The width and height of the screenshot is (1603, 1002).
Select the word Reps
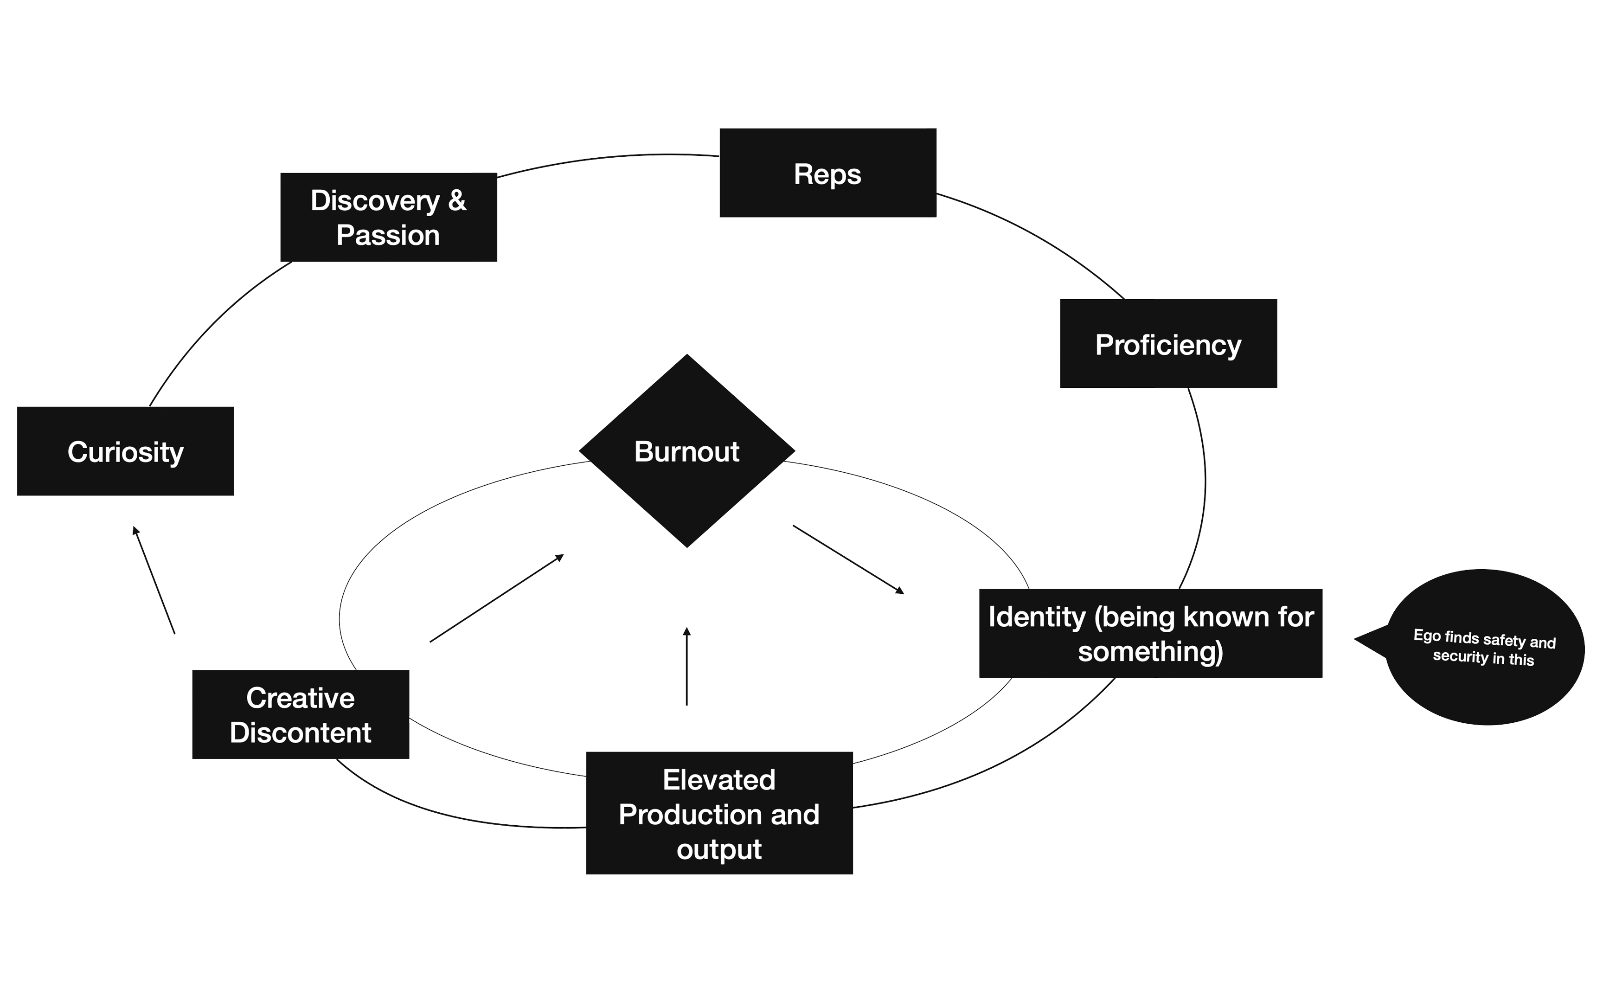pos(827,174)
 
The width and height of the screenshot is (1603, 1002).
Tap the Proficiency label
pos(1168,345)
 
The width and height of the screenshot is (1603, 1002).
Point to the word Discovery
pos(375,201)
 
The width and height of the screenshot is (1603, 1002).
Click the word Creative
pos(300,698)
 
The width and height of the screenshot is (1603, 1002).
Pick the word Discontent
pos(300,733)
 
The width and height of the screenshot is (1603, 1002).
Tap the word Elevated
pos(718,780)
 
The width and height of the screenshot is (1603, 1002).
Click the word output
pos(718,849)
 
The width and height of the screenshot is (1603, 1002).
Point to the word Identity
pos(1037,617)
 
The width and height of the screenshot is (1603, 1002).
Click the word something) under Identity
pos(1151,652)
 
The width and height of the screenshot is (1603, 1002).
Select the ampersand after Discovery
pos(457,201)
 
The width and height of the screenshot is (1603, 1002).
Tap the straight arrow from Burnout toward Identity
pos(848,559)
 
